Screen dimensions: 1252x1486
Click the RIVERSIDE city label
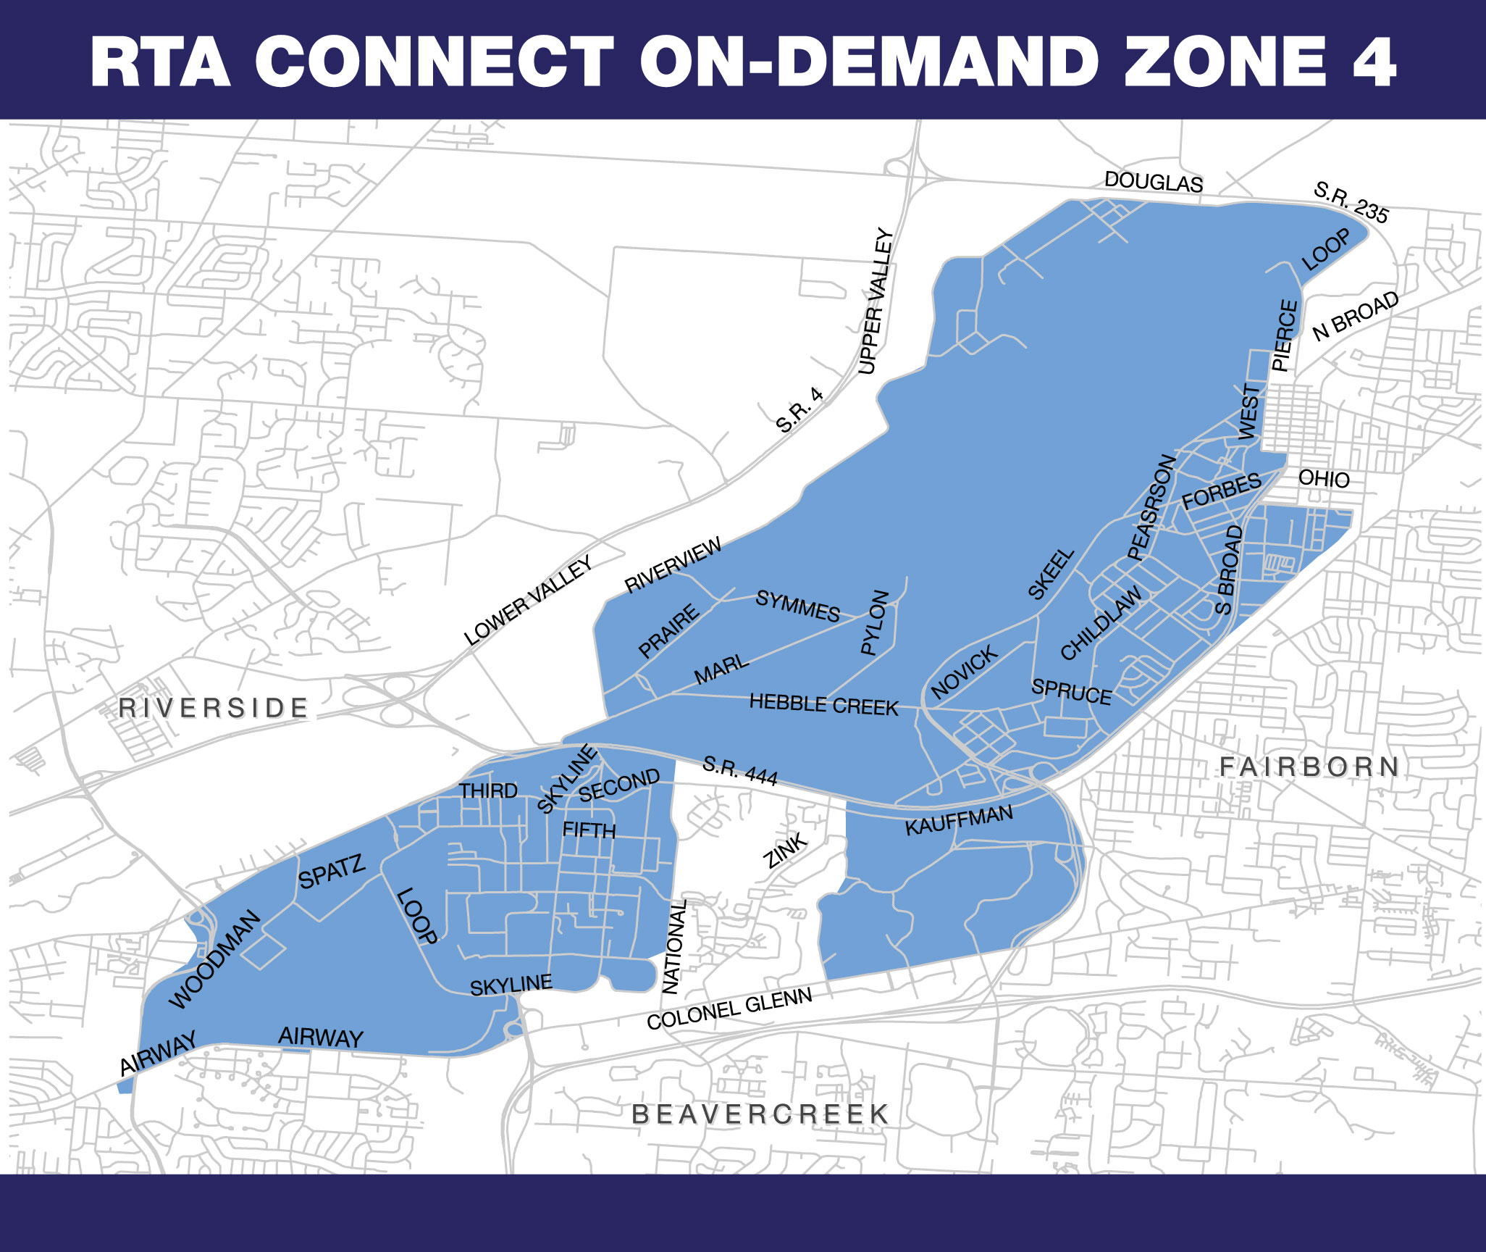pos(214,708)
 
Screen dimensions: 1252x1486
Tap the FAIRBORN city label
pos(1309,767)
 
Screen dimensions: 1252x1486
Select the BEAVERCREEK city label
pos(760,1114)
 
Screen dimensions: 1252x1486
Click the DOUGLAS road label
pos(1153,182)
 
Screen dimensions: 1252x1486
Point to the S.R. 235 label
pos(1351,203)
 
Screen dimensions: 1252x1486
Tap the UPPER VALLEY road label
pos(876,301)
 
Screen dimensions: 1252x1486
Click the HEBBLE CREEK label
pos(823,704)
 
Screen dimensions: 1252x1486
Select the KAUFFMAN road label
pos(959,819)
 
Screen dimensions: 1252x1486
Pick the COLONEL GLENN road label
pos(729,1009)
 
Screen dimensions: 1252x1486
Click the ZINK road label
pos(786,851)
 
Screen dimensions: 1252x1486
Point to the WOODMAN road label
pos(214,959)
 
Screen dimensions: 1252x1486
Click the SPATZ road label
pos(332,872)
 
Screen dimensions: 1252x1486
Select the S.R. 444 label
pos(740,771)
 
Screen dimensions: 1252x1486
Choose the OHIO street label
pos(1324,478)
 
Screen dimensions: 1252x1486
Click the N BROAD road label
pos(1356,316)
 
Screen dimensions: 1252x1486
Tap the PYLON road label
pos(875,622)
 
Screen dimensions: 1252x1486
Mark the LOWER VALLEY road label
pos(528,601)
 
